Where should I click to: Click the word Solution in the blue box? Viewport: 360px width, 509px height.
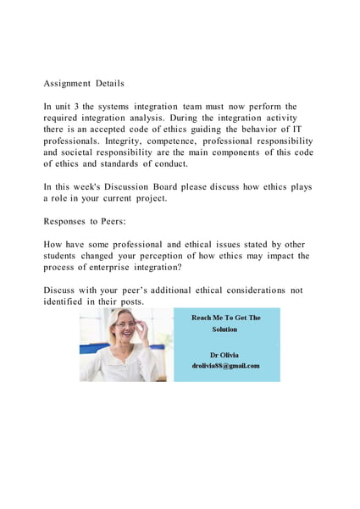(x=225, y=329)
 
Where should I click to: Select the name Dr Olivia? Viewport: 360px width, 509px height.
(x=224, y=354)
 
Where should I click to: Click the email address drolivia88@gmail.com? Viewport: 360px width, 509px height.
(x=225, y=366)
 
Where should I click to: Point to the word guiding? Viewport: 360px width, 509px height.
(x=210, y=130)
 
